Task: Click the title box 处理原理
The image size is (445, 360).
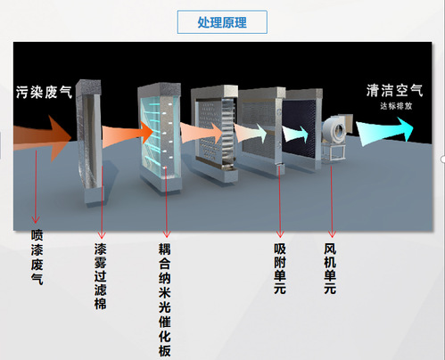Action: pyautogui.click(x=222, y=22)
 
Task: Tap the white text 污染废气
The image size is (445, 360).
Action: pyautogui.click(x=44, y=92)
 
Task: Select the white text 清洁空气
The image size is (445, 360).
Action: pyautogui.click(x=394, y=90)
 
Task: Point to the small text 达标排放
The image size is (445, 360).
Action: pyautogui.click(x=396, y=106)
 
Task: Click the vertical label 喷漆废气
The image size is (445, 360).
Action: pyautogui.click(x=37, y=258)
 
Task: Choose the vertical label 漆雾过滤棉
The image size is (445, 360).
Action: pyautogui.click(x=101, y=276)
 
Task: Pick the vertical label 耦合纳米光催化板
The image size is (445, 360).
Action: pyautogui.click(x=165, y=300)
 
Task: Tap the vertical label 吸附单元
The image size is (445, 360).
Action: pyautogui.click(x=280, y=269)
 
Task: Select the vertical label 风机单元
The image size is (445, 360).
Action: pyautogui.click(x=330, y=269)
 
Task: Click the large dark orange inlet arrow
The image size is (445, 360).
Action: pyautogui.click(x=45, y=138)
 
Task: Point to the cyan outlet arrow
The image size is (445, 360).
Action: pyautogui.click(x=385, y=131)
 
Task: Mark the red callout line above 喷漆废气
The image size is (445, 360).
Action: pyautogui.click(x=36, y=186)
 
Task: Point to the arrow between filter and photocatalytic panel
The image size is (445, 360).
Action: pyautogui.click(x=128, y=136)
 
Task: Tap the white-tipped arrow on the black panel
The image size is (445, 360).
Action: pyautogui.click(x=295, y=134)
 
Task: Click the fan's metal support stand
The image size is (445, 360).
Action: pyautogui.click(x=334, y=152)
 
